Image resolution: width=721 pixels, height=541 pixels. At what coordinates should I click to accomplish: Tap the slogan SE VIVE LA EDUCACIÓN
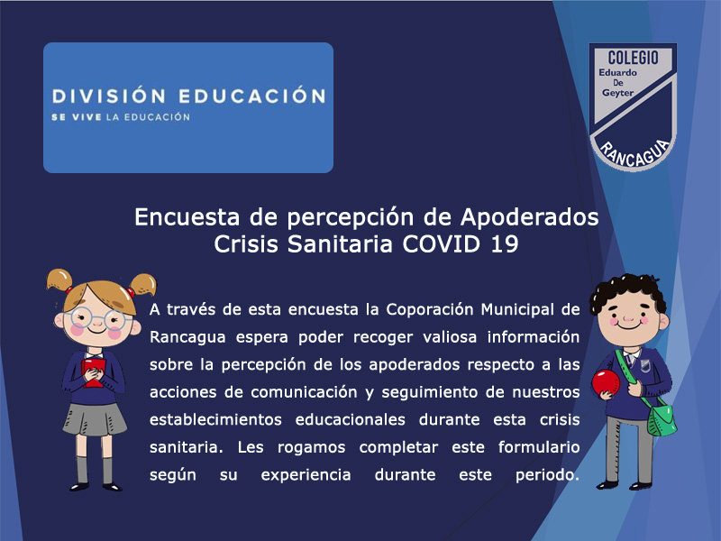[121, 117]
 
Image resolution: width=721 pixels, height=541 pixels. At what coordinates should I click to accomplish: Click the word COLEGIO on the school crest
[633, 58]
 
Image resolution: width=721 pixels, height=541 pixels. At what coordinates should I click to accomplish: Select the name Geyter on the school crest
[618, 93]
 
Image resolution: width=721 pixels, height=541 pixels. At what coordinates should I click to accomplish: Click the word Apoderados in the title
[529, 217]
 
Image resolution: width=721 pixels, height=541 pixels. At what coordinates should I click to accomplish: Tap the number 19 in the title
[505, 243]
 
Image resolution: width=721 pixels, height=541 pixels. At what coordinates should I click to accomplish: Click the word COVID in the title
[442, 243]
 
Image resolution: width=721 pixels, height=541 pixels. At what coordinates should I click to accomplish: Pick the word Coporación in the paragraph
[430, 309]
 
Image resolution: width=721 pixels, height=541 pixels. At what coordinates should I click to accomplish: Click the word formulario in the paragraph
[539, 447]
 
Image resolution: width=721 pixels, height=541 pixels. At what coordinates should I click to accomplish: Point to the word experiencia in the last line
[306, 475]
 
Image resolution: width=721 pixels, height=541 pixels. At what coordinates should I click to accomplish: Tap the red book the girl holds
[94, 372]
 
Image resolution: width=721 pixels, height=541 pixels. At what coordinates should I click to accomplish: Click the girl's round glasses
[98, 318]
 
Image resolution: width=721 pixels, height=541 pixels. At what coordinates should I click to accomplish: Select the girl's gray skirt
[95, 418]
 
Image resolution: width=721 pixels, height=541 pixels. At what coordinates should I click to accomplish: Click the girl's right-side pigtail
[142, 284]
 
